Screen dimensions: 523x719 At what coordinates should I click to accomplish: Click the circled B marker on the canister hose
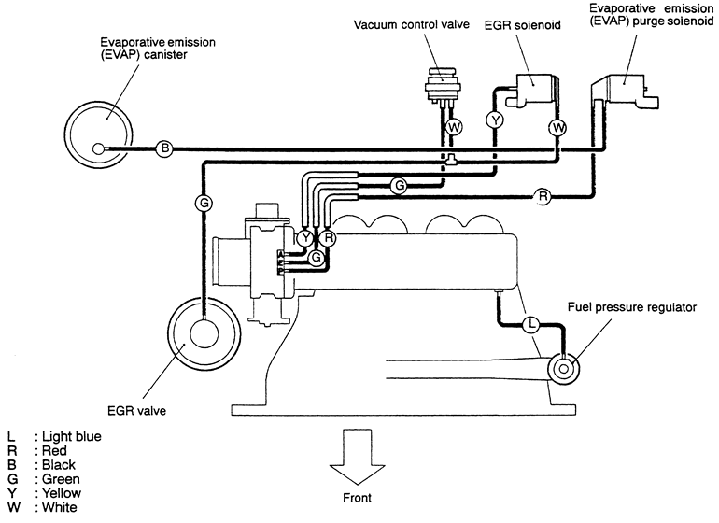pyautogui.click(x=164, y=148)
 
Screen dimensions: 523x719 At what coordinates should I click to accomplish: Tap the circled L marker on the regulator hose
pyautogui.click(x=530, y=325)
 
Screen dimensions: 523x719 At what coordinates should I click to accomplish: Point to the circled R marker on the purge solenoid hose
pyautogui.click(x=542, y=196)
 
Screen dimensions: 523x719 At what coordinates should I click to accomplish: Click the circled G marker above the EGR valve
pyautogui.click(x=203, y=201)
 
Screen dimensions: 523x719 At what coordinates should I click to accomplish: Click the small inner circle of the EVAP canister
pyautogui.click(x=101, y=148)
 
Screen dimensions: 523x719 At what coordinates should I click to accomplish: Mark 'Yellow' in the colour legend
pyautogui.click(x=60, y=493)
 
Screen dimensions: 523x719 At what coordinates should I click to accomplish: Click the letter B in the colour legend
pyautogui.click(x=10, y=465)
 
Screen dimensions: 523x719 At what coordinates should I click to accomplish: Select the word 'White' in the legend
pyautogui.click(x=58, y=507)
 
